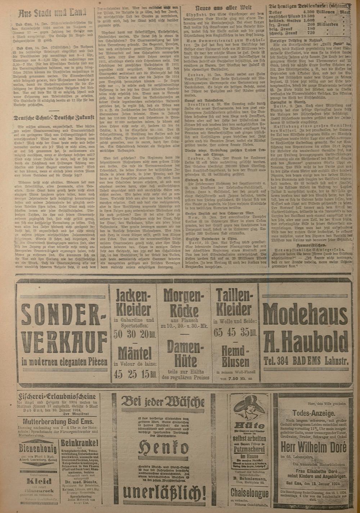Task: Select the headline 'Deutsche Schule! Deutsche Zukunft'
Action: [x=53, y=117]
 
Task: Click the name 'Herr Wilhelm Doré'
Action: [x=313, y=448]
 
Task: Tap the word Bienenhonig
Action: [x=38, y=449]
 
